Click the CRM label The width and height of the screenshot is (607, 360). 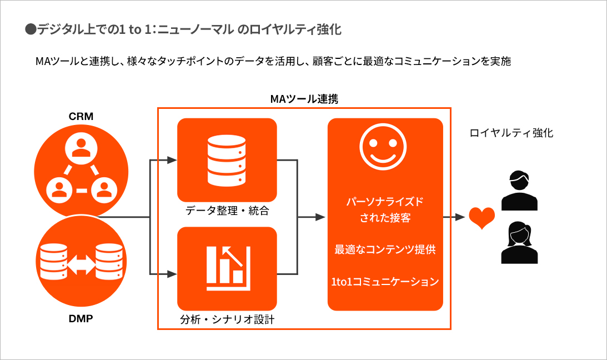tap(81, 117)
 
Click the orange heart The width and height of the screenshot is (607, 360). tap(481, 218)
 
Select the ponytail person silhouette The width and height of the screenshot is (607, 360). tap(519, 242)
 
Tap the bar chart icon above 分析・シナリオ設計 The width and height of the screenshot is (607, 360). tap(226, 268)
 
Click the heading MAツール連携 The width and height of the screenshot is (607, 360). tap(304, 99)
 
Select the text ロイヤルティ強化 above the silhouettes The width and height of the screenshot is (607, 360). tap(511, 133)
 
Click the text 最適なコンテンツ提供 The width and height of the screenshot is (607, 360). tap(385, 249)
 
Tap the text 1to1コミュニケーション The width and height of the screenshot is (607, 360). tap(385, 282)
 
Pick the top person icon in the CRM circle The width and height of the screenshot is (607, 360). tap(81, 146)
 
